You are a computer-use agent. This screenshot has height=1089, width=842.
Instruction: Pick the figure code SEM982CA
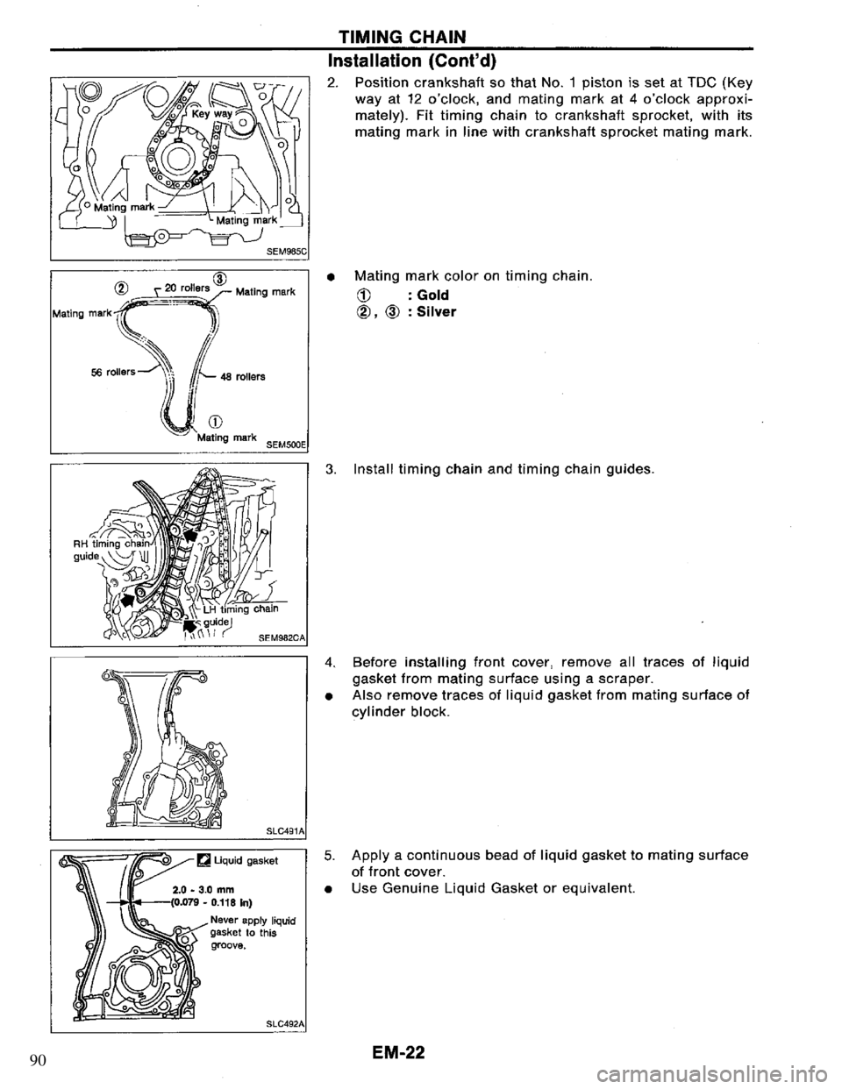(275, 635)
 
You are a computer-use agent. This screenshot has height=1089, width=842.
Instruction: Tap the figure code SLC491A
(280, 829)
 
